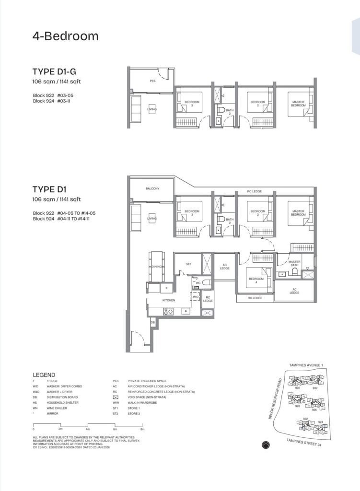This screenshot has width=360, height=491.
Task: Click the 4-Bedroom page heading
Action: click(65, 36)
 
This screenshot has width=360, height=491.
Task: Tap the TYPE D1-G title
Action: click(54, 72)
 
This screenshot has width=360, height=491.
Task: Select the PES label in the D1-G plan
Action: click(152, 82)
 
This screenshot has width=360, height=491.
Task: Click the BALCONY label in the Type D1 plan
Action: click(152, 188)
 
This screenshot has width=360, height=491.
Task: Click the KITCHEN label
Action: click(168, 300)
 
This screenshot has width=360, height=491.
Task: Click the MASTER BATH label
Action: click(294, 264)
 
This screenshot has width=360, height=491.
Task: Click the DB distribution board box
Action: click(153, 323)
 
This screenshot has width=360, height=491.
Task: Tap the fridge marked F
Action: click(166, 289)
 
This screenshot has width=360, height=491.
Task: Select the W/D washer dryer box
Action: click(196, 297)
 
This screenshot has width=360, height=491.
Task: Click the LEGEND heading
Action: click(44, 375)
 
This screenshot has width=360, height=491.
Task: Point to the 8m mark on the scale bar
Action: click(142, 429)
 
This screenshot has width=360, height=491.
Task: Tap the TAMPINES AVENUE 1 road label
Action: click(306, 365)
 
